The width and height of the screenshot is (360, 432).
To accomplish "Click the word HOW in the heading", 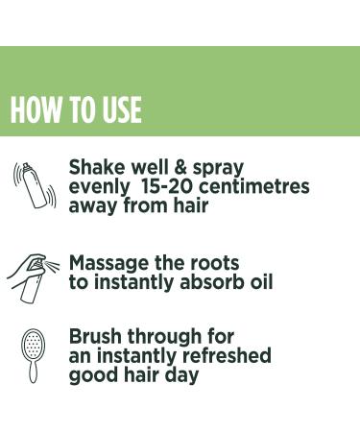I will (35, 110).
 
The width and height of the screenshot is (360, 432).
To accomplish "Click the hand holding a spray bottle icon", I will (33, 274).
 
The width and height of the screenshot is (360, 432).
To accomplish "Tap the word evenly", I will (99, 186).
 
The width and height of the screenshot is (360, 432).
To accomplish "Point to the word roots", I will (212, 263).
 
